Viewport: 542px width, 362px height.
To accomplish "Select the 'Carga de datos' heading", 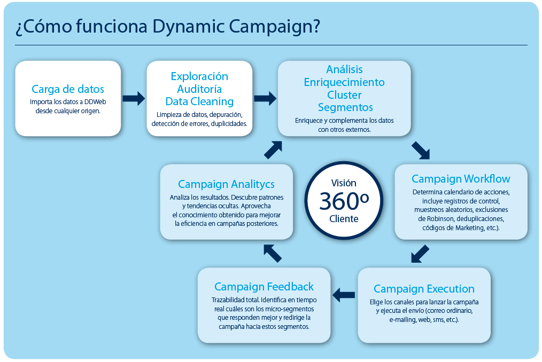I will click(x=68, y=89).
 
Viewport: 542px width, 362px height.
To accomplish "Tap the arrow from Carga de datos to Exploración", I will click(x=134, y=98).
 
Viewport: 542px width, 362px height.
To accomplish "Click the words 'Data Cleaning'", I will click(x=199, y=101).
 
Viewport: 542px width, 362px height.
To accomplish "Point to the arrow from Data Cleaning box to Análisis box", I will click(x=265, y=98).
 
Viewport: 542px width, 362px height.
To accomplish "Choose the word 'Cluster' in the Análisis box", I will click(x=344, y=95).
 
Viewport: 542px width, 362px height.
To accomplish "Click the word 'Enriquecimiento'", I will click(x=344, y=82).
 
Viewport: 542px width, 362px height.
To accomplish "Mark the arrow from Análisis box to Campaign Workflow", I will click(x=421, y=151).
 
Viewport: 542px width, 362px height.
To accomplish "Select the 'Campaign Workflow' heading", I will click(x=461, y=179).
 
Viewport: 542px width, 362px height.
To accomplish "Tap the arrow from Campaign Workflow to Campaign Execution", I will click(x=420, y=254).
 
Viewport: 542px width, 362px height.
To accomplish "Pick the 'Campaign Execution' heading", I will click(x=424, y=289).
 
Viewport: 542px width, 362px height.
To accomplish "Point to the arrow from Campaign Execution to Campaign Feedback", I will click(x=344, y=294).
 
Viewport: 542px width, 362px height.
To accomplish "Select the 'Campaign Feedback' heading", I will click(x=264, y=287).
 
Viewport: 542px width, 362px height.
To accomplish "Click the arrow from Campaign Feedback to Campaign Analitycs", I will click(x=273, y=253).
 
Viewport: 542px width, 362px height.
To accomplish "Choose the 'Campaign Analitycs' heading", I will click(x=226, y=184).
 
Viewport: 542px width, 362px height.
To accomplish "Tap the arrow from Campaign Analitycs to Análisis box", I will click(x=273, y=150).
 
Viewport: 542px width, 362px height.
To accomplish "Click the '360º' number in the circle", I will click(x=344, y=201).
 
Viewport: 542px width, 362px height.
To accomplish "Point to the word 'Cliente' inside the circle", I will click(x=344, y=219).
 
